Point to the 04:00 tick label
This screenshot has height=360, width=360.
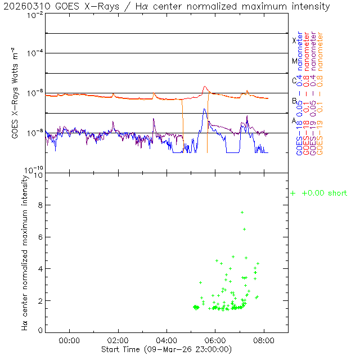click(x=167, y=340)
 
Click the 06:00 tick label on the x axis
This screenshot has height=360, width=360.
click(x=216, y=340)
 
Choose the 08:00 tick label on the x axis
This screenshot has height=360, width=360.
click(x=264, y=340)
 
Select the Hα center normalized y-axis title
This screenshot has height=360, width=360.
click(x=25, y=252)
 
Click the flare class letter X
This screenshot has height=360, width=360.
click(x=294, y=40)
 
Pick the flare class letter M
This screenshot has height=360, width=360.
click(x=294, y=61)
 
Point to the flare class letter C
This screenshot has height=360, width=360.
click(x=294, y=80)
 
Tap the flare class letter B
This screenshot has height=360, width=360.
click(x=294, y=101)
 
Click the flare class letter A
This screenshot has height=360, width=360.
click(x=294, y=120)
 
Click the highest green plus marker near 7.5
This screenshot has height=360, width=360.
click(x=242, y=212)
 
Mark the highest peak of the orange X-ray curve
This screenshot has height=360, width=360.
click(x=205, y=87)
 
